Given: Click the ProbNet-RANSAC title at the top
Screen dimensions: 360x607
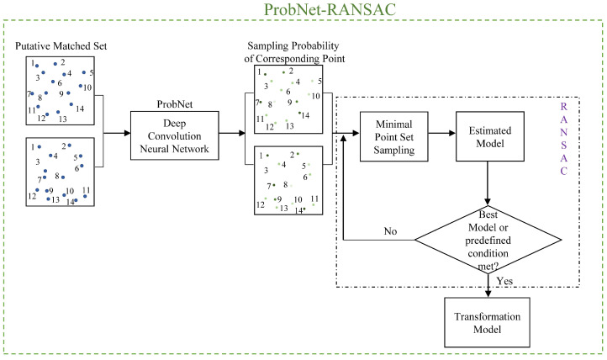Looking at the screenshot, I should point(303,9).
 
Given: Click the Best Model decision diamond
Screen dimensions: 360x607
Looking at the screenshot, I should point(488,239).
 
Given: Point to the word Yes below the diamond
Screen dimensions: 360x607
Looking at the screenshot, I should point(505,282).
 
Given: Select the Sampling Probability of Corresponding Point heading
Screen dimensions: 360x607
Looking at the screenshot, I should point(288,56).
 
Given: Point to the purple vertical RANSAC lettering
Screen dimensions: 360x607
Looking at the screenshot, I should point(563,139).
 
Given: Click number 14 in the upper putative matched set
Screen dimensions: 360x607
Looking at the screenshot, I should point(78,109).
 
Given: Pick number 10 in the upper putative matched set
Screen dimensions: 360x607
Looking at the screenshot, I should point(87,87).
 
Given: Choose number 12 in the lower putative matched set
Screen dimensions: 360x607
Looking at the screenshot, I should point(32,196).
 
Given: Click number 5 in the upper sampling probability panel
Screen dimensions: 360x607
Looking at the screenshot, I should point(319,81).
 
